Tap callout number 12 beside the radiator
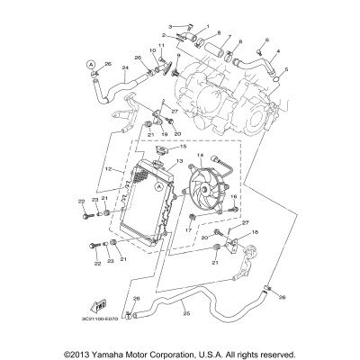point(109,168)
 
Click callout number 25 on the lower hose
point(186,312)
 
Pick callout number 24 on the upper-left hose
point(125,68)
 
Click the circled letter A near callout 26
point(90,64)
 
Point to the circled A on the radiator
point(158,187)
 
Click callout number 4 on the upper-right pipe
point(277,52)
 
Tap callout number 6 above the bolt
point(266,40)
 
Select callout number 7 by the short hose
point(229,40)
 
